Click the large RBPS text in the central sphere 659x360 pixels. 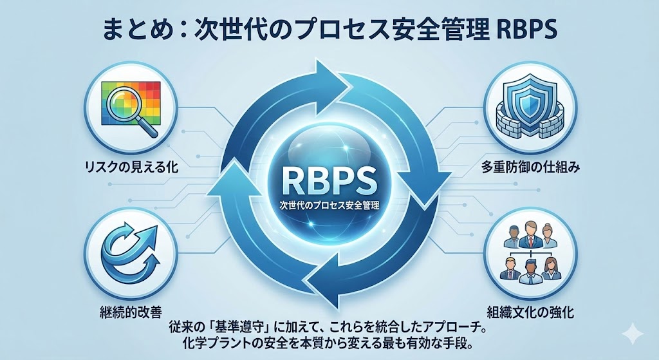click(x=328, y=178)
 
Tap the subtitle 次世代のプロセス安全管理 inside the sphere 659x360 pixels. click(x=328, y=207)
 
